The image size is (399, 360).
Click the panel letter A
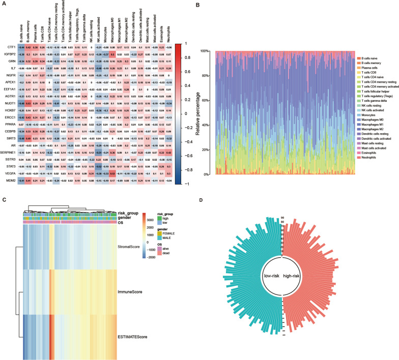[x=4, y=4]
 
